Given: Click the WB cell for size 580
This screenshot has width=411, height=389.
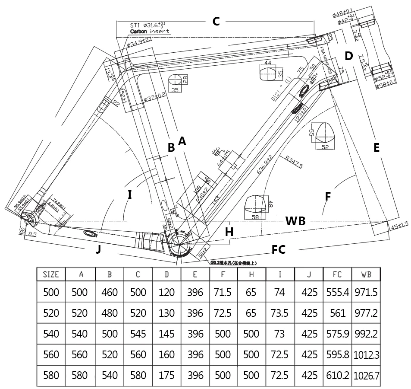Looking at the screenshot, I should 367,375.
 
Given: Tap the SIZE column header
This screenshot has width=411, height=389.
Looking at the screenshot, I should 51,274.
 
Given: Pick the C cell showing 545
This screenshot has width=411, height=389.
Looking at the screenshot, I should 138,334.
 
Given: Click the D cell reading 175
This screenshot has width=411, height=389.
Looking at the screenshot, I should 166,375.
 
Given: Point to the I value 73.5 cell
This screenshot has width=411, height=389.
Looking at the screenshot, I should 279,312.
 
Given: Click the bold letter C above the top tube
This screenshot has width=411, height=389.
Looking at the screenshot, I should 216,21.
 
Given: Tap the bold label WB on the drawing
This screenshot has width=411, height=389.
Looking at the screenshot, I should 295,221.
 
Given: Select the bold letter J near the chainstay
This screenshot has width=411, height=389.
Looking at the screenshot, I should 99,249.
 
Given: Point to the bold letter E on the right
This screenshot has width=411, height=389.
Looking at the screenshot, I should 376,148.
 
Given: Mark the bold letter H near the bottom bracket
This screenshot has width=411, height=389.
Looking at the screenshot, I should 229,232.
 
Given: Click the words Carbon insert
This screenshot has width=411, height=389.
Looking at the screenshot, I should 149,32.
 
